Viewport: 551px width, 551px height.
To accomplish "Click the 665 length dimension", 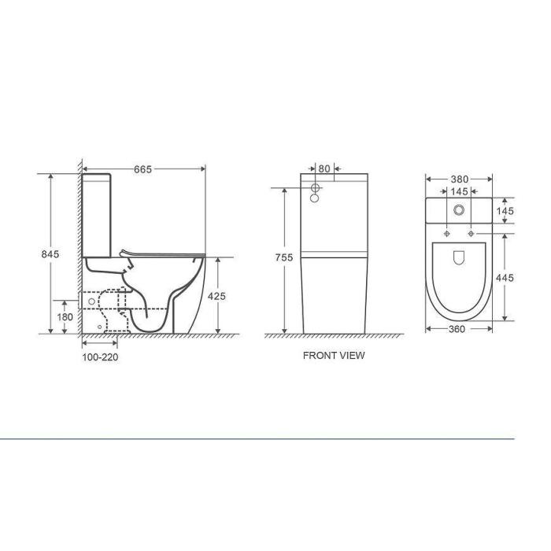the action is click(143, 169).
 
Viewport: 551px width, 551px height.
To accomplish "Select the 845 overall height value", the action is click(50, 254).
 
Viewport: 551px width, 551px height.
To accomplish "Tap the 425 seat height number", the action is click(216, 296).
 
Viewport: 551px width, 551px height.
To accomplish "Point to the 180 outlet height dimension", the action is click(65, 317).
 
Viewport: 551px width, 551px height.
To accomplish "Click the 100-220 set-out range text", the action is click(100, 357).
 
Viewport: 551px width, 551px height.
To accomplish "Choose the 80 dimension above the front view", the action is click(324, 168).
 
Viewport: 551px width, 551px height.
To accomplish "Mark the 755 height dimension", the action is click(284, 257).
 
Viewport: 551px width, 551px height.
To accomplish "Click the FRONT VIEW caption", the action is click(334, 355).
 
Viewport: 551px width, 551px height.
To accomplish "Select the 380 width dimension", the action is click(460, 179).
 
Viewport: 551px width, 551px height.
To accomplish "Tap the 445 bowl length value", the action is click(505, 278).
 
